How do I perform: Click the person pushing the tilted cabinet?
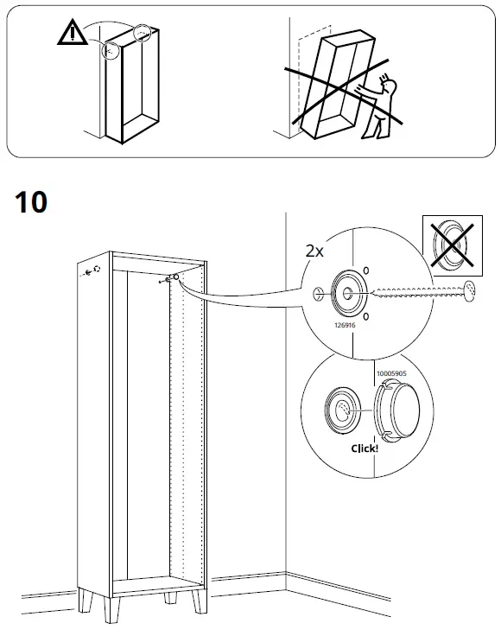tap(380, 107)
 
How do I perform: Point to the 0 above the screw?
tap(366, 271)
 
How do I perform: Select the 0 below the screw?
tap(366, 317)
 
